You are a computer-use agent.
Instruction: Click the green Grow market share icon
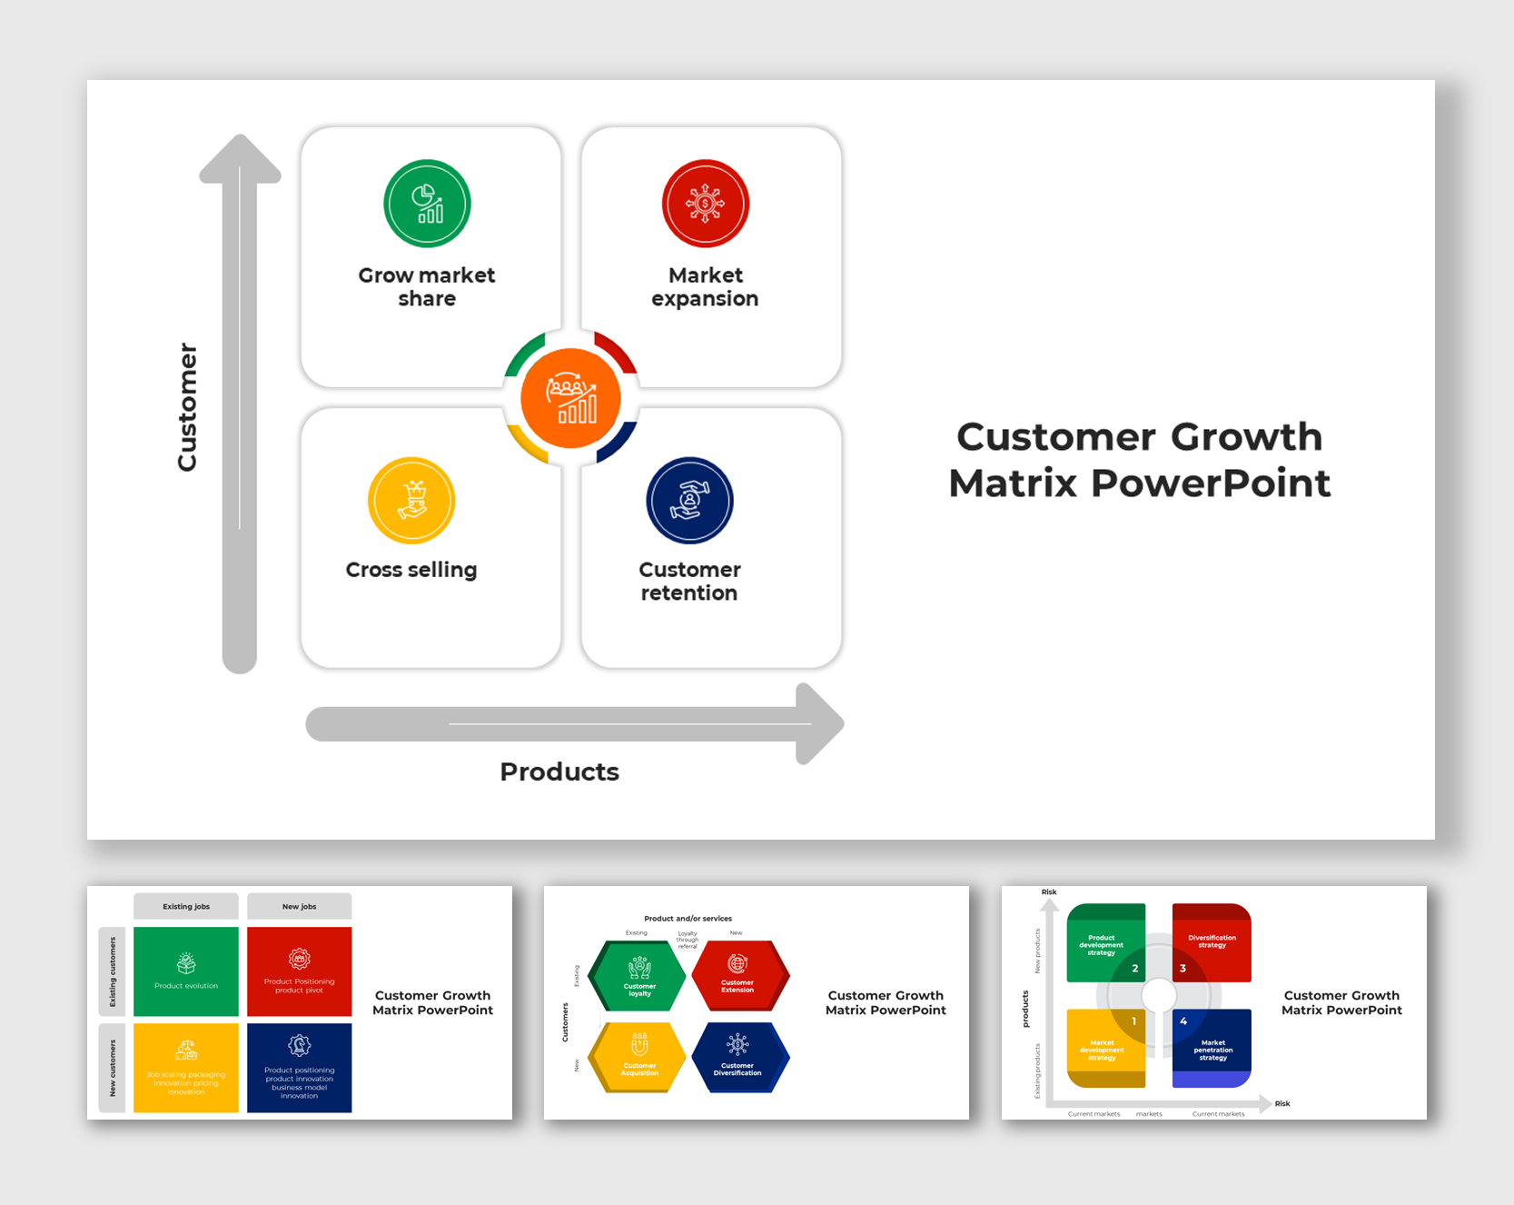(427, 204)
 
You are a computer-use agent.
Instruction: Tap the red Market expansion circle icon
(706, 204)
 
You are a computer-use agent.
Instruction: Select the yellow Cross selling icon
(411, 501)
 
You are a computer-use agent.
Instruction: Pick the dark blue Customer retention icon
(689, 501)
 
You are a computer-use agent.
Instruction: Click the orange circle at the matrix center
(570, 399)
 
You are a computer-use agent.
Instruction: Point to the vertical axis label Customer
(187, 407)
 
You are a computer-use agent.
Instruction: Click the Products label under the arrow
(559, 772)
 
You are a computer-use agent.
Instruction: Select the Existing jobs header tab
(186, 906)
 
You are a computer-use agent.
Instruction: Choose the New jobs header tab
(299, 906)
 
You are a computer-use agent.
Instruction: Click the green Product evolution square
(186, 971)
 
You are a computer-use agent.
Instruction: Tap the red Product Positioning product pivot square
(299, 971)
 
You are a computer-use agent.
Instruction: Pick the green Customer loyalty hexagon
(638, 976)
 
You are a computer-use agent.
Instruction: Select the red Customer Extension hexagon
(738, 975)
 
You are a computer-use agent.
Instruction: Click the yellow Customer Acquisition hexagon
(638, 1056)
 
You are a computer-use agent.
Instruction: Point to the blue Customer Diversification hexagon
(738, 1056)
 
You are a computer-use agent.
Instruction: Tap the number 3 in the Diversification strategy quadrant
(1183, 969)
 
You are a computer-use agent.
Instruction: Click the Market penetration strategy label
(1213, 1051)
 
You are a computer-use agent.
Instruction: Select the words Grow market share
(427, 287)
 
